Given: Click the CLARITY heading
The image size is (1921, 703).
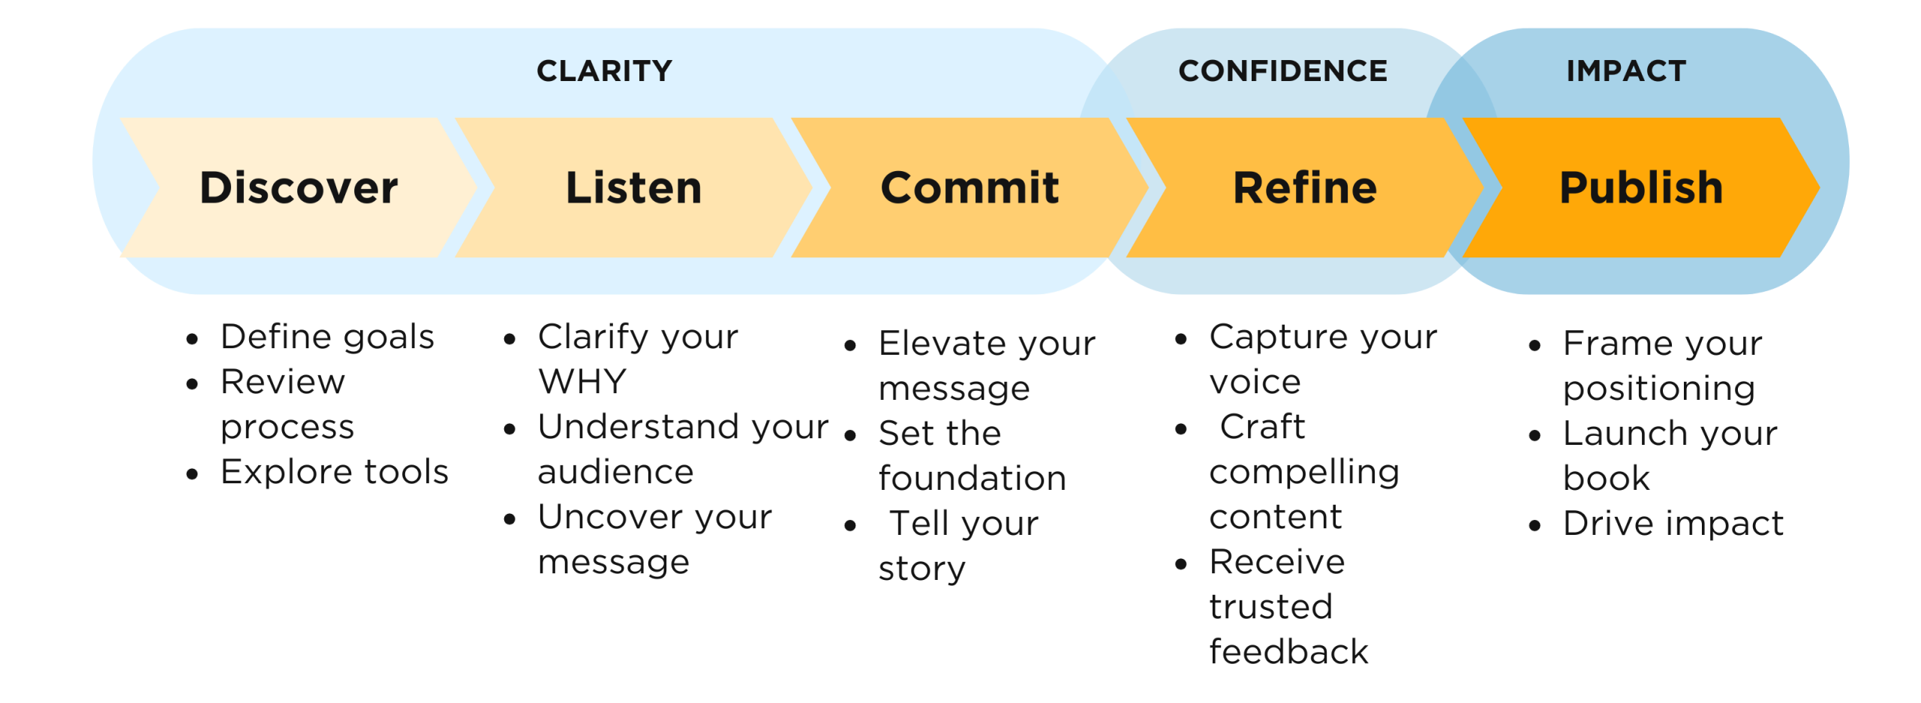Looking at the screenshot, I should tap(604, 71).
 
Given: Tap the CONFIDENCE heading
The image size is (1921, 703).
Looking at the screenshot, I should tap(1282, 71).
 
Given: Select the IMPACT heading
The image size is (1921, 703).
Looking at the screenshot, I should tap(1626, 71).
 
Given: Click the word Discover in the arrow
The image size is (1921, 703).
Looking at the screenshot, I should tap(299, 188).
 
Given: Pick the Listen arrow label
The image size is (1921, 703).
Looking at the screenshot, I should tap(633, 188).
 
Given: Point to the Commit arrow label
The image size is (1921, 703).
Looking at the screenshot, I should tap(970, 188).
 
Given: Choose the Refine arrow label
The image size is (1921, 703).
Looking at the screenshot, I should tap(1305, 188).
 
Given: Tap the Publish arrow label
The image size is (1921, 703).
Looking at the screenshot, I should tap(1641, 188).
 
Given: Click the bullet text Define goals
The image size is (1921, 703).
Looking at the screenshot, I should tap(327, 338).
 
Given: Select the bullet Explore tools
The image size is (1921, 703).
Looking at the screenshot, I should tap(334, 473).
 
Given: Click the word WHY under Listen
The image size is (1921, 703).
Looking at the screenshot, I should tap(582, 382).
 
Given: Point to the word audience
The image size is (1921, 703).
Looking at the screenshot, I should tap(615, 473).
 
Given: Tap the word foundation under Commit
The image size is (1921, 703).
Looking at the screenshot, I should tap(972, 478).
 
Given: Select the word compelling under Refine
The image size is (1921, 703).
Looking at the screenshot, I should tap(1304, 473).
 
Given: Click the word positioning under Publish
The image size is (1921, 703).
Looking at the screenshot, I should tap(1658, 389).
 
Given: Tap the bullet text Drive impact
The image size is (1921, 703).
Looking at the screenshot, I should tap(1673, 524).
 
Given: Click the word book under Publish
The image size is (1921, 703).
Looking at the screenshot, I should tap(1606, 478).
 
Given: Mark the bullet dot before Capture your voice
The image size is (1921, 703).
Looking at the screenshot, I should tap(1180, 340).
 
